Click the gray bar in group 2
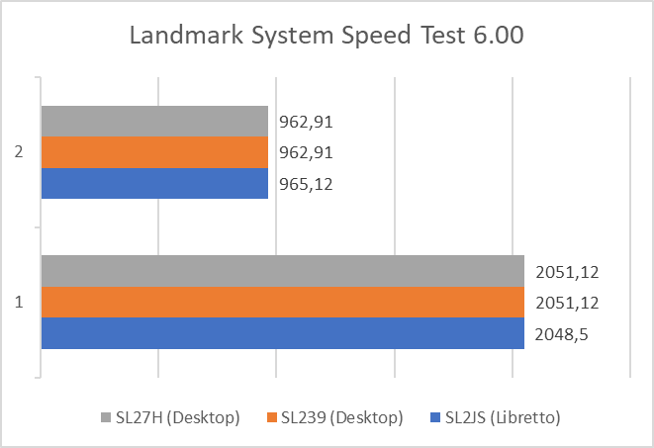tap(154, 122)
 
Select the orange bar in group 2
tap(154, 152)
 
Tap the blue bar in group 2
tap(154, 183)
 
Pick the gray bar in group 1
tap(282, 271)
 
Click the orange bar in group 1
tap(282, 302)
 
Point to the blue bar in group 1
tap(282, 333)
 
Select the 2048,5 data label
tap(560, 334)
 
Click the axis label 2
tap(19, 152)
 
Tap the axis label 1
tap(19, 302)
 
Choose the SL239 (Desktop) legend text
tap(341, 418)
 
